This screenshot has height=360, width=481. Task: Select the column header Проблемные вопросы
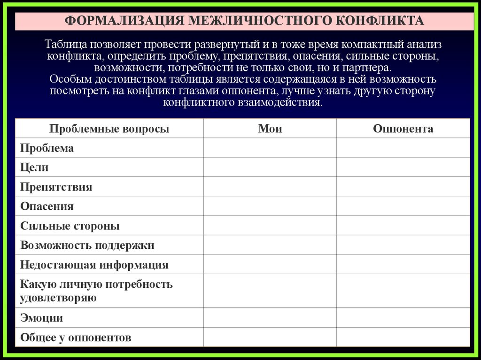(109, 129)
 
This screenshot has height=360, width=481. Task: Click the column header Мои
(270, 129)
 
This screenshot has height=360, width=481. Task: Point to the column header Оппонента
(403, 129)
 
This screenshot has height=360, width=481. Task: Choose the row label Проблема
(47, 148)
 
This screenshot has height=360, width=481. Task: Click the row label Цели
(34, 168)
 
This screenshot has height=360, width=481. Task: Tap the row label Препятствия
(56, 187)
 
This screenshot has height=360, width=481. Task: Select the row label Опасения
(47, 207)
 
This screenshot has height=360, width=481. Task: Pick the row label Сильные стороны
(70, 226)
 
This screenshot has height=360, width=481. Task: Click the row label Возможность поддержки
(87, 245)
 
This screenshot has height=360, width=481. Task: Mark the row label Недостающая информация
(94, 265)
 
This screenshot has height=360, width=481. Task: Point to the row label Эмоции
(41, 318)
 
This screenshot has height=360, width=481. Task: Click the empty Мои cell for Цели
(270, 168)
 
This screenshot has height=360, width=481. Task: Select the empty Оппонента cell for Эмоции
(403, 318)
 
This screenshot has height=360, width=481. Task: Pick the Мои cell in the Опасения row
(270, 207)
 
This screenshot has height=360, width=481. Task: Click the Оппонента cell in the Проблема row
(403, 148)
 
